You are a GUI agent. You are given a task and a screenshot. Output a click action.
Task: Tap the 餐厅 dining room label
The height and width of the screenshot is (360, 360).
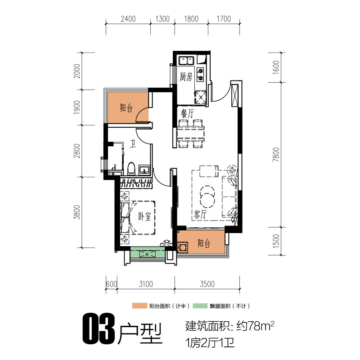pos(187,114)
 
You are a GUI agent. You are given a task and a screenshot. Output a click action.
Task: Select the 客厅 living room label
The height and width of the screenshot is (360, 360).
pos(200,215)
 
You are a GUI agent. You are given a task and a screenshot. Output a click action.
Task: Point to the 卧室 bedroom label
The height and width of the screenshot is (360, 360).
pos(144,216)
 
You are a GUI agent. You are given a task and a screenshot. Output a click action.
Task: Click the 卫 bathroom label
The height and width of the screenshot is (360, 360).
pos(133,144)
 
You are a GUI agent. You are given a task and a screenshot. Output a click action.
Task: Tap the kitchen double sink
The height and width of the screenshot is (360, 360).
pos(186,61)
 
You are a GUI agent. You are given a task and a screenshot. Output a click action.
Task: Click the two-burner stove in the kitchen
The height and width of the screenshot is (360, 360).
pos(200,74)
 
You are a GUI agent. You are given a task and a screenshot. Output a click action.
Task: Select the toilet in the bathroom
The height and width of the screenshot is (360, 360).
pos(131,168)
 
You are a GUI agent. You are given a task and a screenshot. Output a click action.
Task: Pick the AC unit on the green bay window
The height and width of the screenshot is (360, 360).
pos(147,254)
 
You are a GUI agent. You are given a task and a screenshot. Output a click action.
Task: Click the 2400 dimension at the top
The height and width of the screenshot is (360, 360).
pos(128,19)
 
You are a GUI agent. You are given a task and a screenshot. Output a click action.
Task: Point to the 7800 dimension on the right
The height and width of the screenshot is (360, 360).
pos(276,154)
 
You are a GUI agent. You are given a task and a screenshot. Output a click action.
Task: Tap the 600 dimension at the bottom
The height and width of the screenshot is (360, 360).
pos(111,284)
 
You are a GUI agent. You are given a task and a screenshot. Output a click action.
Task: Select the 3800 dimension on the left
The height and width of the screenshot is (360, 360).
pos(77,212)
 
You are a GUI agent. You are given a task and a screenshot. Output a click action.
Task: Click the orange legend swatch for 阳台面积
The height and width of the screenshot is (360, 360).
pos(139,306)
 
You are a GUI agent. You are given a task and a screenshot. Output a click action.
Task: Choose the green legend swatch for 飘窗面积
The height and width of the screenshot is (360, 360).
pos(200,306)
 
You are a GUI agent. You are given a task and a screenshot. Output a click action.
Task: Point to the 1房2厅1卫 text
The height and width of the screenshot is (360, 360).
pos(210,343)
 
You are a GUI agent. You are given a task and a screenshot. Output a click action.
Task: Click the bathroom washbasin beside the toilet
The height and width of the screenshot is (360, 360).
pos(144,170)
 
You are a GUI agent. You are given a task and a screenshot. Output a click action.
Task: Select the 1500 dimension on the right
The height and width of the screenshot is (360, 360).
pos(276,241)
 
